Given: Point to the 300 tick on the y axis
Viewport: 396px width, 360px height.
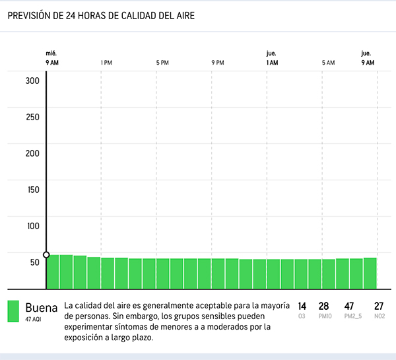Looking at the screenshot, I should tap(33, 81).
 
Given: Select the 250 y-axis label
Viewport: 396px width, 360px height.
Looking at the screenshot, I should tap(33, 118).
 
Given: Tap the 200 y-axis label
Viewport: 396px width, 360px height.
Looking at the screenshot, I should tap(33, 154).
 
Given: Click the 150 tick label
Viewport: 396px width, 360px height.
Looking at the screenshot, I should tap(33, 190).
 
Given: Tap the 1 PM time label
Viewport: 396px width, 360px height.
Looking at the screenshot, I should tap(106, 63).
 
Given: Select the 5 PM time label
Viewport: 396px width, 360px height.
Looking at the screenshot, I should tap(162, 63).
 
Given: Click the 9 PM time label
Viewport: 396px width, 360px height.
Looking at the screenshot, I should tap(218, 63).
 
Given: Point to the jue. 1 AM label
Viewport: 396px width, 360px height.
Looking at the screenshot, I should tap(271, 58).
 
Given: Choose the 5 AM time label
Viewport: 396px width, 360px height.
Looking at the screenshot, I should tap(328, 63).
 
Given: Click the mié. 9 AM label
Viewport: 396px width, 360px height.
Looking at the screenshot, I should tap(52, 58).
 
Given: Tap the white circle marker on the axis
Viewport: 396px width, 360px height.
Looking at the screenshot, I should tap(46, 255).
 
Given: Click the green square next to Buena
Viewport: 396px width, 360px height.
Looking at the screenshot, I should tap(13, 312).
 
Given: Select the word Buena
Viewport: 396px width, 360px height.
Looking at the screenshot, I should tap(42, 307).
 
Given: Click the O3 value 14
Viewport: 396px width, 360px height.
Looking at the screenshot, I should tap(302, 306).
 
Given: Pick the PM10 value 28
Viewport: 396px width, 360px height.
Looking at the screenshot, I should tap(323, 306).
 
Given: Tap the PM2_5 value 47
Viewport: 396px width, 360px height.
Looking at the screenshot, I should tap(350, 306).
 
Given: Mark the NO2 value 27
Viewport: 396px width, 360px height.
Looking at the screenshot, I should tap(379, 306).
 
